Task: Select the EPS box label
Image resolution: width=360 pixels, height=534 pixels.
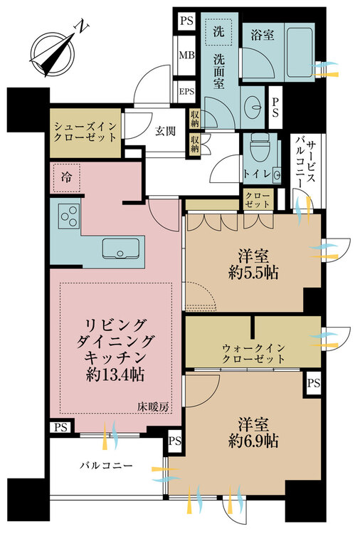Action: point(186,91)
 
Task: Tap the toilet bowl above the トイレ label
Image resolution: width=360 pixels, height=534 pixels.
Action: point(258,149)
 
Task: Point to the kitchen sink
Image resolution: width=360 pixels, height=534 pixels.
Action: point(123,248)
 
